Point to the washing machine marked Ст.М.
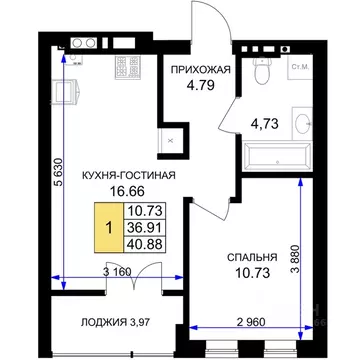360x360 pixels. point(299,70)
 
